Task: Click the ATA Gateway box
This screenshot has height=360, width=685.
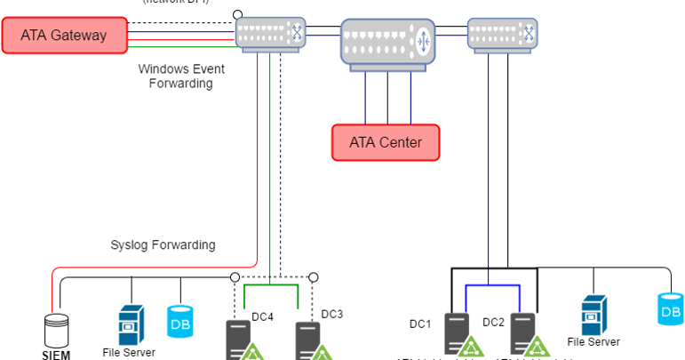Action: (64, 36)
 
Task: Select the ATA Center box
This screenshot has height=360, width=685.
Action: (386, 142)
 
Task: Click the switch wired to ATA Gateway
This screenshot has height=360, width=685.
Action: (270, 34)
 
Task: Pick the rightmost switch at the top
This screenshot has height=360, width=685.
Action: (503, 34)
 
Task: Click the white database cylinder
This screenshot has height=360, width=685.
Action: (57, 330)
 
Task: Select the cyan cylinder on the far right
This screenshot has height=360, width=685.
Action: (670, 308)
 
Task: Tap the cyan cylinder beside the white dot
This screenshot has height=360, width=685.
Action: (179, 321)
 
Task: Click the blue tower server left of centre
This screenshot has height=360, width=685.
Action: (131, 324)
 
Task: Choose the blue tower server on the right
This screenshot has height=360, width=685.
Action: (593, 316)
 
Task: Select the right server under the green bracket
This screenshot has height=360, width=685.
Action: (307, 340)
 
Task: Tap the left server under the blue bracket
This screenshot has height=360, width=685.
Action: (457, 334)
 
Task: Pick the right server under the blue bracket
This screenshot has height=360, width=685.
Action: (522, 334)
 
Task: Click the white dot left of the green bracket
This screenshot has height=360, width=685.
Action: (235, 276)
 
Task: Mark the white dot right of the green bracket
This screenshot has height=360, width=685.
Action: (313, 276)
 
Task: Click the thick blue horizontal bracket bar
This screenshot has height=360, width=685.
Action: (493, 286)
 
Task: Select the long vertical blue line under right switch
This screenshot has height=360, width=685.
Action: (489, 160)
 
